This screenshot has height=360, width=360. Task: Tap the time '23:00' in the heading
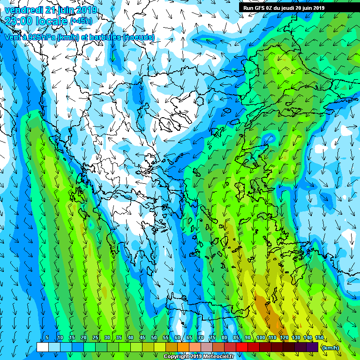pos(19,21)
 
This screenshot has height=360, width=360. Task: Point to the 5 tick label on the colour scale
pos(47,337)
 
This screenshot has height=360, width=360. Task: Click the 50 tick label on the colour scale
pos(154,337)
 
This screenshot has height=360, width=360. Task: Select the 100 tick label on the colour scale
pos(260,337)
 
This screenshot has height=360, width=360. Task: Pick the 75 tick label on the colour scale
pos(212,337)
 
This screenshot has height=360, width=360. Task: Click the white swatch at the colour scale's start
pos(43,347)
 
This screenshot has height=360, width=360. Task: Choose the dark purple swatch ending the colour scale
pos(312,347)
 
